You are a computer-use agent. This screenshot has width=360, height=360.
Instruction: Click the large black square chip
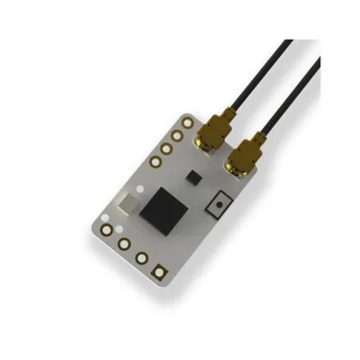click(163, 209)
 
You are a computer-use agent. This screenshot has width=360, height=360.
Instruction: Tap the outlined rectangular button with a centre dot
click(215, 205)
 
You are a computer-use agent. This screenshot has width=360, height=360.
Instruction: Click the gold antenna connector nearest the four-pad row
click(212, 140)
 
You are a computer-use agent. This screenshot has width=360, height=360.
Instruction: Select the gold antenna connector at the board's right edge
click(241, 163)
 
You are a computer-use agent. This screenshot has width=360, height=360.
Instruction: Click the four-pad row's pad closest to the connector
click(186, 121)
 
